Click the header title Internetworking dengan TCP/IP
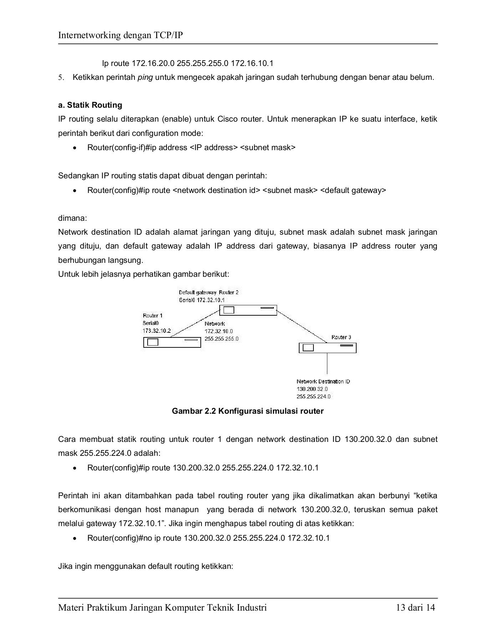(x=121, y=35)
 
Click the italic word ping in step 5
(x=145, y=77)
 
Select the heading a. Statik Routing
(x=90, y=105)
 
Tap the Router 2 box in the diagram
(x=248, y=310)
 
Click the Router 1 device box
(x=172, y=342)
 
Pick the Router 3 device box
(x=327, y=348)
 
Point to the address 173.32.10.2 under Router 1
(x=157, y=331)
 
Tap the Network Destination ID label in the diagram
(x=323, y=381)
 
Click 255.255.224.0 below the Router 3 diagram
(x=313, y=396)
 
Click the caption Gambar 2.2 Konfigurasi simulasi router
(x=247, y=411)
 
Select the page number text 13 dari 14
(x=415, y=607)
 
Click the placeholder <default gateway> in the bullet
(x=353, y=190)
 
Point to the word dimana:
(x=72, y=218)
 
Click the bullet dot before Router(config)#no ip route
(x=74, y=538)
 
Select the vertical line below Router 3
(x=327, y=364)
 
